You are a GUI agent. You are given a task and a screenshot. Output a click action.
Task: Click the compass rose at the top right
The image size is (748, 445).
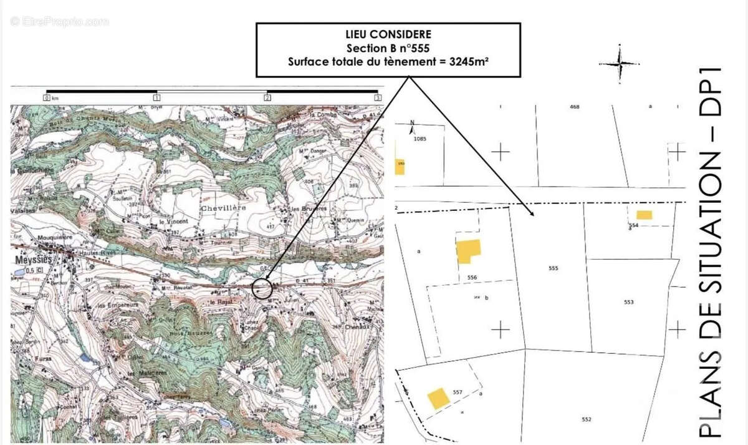[x=619, y=64]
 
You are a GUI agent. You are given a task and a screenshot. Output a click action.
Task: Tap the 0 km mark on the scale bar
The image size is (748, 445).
[x=47, y=97]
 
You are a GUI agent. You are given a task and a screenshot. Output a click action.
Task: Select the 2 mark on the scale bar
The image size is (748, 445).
[x=267, y=97]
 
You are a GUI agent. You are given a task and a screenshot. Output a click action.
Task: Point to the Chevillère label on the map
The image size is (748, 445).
[x=223, y=207]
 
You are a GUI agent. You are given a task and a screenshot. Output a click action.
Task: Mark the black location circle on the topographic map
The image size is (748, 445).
[x=263, y=288]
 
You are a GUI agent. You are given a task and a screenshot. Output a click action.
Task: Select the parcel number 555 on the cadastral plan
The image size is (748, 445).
[x=553, y=268]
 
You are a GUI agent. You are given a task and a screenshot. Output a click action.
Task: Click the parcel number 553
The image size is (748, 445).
[x=628, y=302]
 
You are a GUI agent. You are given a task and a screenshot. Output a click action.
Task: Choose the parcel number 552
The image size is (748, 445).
[x=586, y=419]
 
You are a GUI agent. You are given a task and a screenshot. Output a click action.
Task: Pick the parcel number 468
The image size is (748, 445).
[x=574, y=107]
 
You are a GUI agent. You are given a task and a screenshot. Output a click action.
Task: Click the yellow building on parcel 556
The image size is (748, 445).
[x=468, y=251]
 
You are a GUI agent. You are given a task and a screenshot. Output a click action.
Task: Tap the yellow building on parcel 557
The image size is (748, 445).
[x=438, y=398]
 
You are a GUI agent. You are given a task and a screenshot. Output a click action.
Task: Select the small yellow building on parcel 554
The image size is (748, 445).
[x=644, y=215]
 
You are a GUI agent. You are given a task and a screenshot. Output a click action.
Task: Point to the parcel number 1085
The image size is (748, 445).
[x=419, y=139]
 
